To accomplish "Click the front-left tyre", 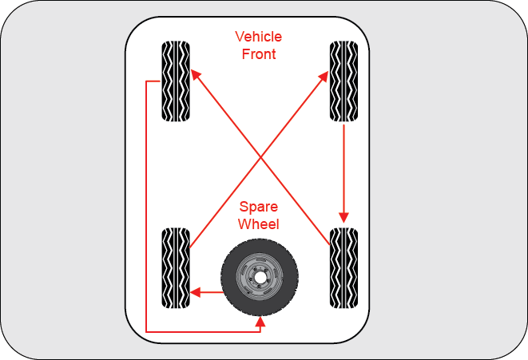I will pyautogui.click(x=177, y=81).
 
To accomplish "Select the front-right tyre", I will pyautogui.click(x=344, y=81).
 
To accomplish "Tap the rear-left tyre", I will pyautogui.click(x=177, y=268).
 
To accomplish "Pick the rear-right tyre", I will pyautogui.click(x=344, y=268).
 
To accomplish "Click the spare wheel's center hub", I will pyautogui.click(x=260, y=278).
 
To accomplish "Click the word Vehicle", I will pyautogui.click(x=258, y=38).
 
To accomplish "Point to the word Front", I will pyautogui.click(x=258, y=54).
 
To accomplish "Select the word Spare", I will pyautogui.click(x=259, y=208).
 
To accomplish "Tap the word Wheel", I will pyautogui.click(x=259, y=224).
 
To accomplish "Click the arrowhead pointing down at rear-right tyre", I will pyautogui.click(x=344, y=218).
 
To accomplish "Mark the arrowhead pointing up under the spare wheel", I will pyautogui.click(x=260, y=322).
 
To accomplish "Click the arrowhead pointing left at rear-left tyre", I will pyautogui.click(x=195, y=292).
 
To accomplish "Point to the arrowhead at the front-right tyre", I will pyautogui.click(x=324, y=74).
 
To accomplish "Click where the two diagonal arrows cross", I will pyautogui.click(x=260, y=156).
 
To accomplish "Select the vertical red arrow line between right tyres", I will pyautogui.click(x=344, y=168).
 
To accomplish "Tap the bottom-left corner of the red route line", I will pyautogui.click(x=146, y=331).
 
